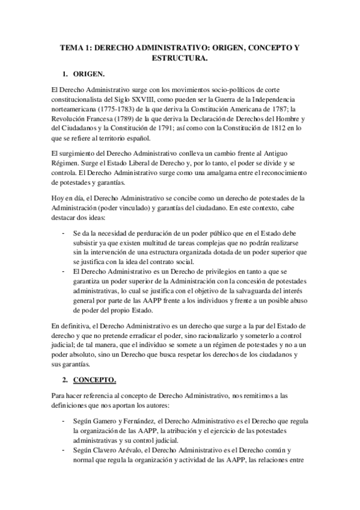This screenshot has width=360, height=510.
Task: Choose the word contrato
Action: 165,261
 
